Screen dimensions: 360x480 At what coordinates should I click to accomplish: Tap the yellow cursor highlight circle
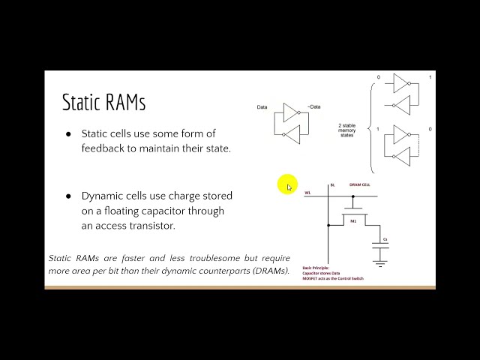coord(287,185)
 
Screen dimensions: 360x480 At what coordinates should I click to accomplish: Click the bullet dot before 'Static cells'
coord(68,133)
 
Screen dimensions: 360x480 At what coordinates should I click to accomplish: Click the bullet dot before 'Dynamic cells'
coord(68,196)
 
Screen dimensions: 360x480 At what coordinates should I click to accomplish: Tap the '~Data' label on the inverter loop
coord(314,107)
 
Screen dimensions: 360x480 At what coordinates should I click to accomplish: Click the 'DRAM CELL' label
coord(360,184)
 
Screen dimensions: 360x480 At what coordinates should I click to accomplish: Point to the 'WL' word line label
coord(307,193)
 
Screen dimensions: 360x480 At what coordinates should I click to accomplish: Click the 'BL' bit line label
coord(331,184)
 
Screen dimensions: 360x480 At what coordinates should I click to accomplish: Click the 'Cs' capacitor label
coord(385,239)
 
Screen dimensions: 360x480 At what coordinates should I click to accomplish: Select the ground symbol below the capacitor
coord(380,263)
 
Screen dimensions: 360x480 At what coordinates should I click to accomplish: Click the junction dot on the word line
coord(328,196)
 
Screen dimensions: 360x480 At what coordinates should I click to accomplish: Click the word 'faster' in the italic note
coord(130,258)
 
